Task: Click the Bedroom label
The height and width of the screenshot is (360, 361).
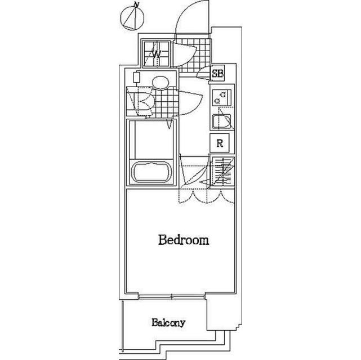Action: (184, 240)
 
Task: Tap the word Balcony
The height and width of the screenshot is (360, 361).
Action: (168, 322)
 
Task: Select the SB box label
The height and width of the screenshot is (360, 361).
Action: (217, 74)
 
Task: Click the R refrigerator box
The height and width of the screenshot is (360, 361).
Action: (220, 143)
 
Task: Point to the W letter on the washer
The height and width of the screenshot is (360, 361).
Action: (157, 55)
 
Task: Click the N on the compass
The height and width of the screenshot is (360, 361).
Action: (137, 5)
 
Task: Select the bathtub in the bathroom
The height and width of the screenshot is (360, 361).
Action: (151, 172)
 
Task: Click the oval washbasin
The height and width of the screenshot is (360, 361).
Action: (161, 83)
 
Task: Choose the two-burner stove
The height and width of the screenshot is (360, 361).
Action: (221, 97)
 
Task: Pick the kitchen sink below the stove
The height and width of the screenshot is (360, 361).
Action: (221, 121)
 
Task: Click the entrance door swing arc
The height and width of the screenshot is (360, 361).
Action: (192, 17)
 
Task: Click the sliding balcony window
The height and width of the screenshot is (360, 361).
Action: (172, 297)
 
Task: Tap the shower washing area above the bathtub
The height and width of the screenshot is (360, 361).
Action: (151, 139)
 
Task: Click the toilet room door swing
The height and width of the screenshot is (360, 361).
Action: (190, 102)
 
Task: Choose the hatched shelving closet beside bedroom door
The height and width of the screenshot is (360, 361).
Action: (222, 171)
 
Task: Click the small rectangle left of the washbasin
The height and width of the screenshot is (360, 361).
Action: (136, 77)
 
